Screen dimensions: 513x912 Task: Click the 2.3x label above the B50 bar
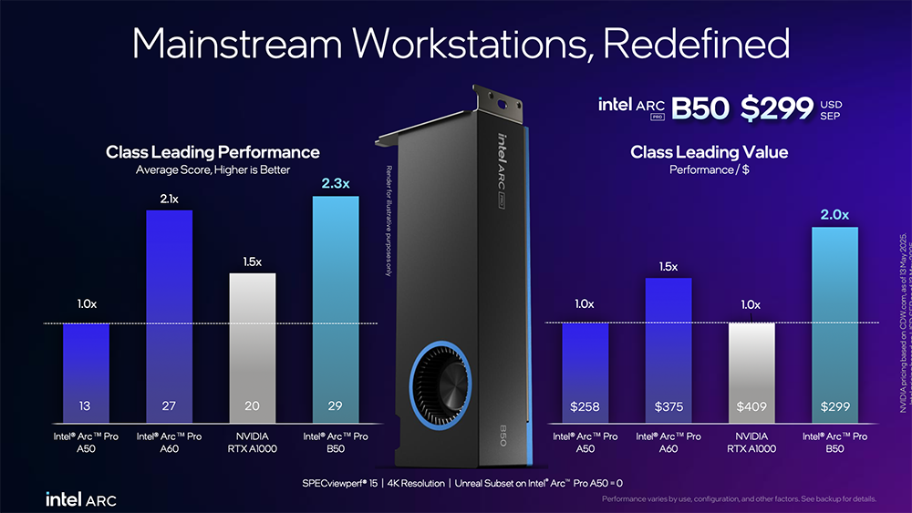click(x=337, y=184)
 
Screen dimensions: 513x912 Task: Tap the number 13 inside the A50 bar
click(x=86, y=405)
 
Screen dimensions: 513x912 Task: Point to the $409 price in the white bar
click(x=751, y=405)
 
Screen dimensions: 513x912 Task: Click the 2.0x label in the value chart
click(x=834, y=215)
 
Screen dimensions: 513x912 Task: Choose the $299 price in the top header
click(x=776, y=108)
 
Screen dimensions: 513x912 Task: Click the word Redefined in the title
click(x=695, y=43)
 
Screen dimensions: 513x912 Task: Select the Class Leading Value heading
click(x=709, y=152)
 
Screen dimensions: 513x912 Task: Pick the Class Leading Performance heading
click(x=212, y=152)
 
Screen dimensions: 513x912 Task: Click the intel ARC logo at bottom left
click(x=80, y=498)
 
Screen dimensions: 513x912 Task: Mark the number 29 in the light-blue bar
click(x=336, y=405)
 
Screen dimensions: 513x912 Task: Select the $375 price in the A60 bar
click(x=668, y=405)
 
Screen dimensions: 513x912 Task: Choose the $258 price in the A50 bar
click(x=585, y=405)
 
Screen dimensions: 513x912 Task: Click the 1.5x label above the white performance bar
click(x=252, y=262)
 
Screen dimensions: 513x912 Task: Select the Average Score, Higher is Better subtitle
click(x=212, y=169)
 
